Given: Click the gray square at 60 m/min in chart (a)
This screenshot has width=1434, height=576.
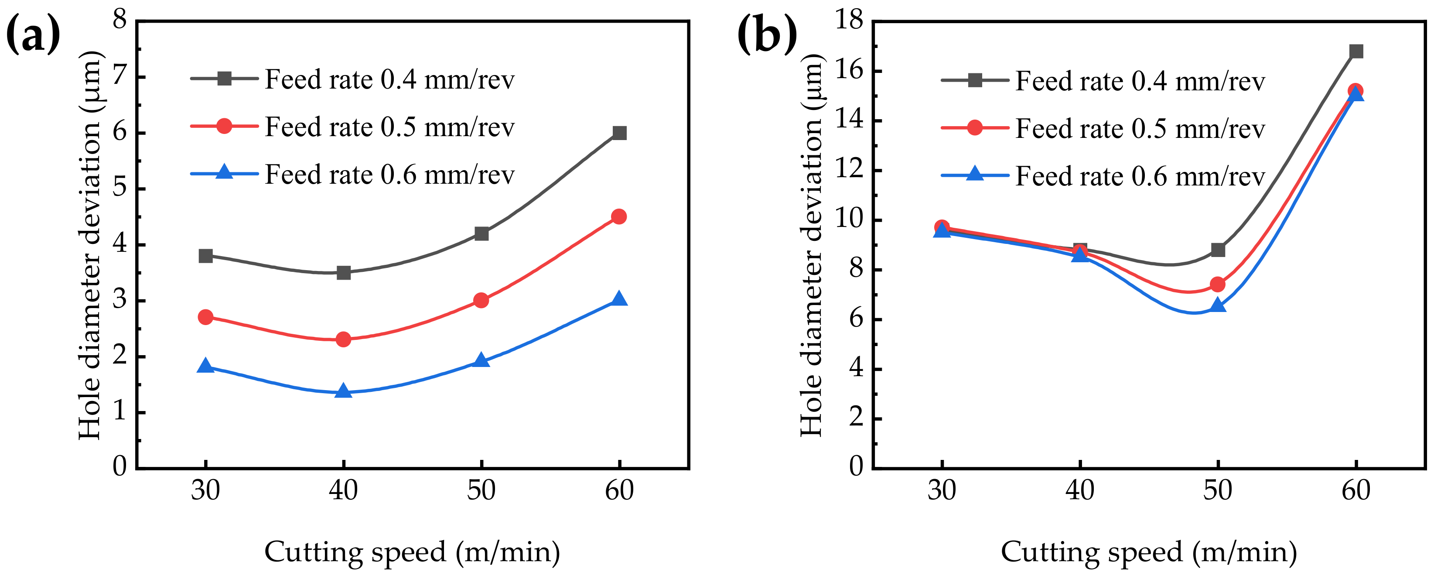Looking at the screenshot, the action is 619,133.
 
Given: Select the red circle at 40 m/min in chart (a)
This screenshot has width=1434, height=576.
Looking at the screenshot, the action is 344,339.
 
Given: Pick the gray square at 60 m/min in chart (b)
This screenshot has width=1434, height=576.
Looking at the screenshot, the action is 1356,51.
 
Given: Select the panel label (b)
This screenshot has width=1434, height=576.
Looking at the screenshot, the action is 767,34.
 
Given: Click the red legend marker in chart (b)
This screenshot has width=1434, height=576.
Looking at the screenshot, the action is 975,127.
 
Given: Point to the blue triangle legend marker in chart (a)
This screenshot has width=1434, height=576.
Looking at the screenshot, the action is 224,171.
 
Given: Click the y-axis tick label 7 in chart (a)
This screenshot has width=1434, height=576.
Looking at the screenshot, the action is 119,77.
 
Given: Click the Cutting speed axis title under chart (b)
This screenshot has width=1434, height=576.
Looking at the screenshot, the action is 1148,552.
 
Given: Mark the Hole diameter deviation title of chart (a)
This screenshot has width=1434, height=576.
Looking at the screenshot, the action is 90,245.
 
